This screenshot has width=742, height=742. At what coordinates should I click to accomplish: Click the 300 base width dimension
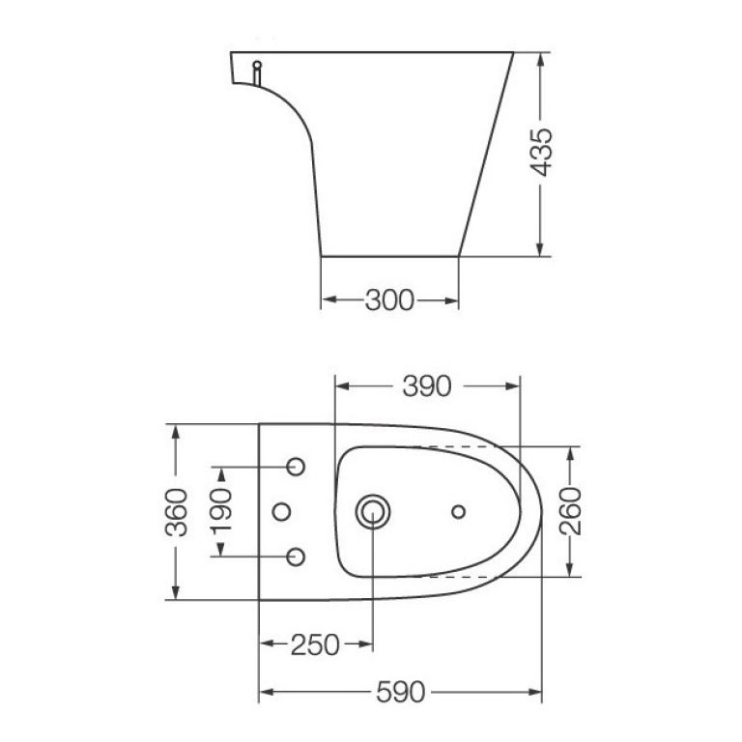tap(388, 300)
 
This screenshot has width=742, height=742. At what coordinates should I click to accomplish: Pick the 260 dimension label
tap(570, 511)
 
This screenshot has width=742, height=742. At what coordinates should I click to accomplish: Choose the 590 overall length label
tap(401, 691)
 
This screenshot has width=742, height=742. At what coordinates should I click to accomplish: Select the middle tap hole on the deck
tap(282, 511)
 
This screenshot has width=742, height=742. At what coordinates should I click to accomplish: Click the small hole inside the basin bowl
tap(459, 510)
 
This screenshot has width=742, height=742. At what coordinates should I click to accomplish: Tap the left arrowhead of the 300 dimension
tap(326, 300)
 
